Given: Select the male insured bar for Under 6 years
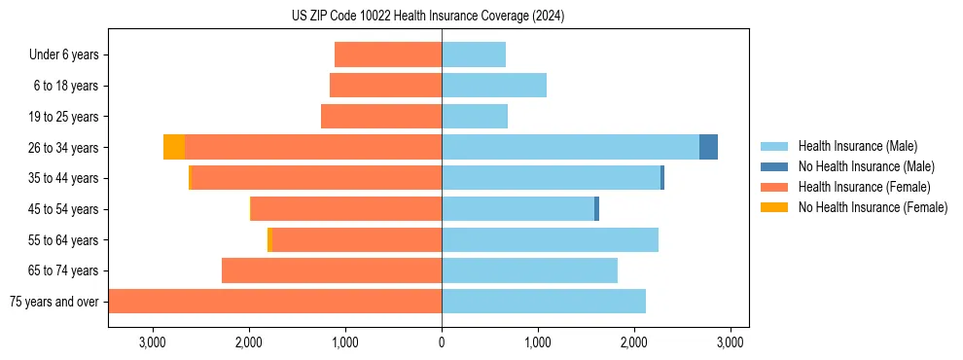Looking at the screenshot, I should pyautogui.click(x=474, y=54).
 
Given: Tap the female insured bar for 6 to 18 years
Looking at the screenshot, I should pyautogui.click(x=386, y=86).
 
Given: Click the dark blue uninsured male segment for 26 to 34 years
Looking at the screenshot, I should pyautogui.click(x=708, y=147).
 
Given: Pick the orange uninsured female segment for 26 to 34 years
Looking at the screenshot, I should pyautogui.click(x=174, y=147).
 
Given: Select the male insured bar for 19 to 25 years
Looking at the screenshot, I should pyautogui.click(x=475, y=117).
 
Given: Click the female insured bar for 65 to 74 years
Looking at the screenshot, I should pyautogui.click(x=332, y=270).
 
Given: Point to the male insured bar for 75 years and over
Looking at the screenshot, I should pyautogui.click(x=544, y=302).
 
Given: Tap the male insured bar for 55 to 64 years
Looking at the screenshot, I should pyautogui.click(x=550, y=239).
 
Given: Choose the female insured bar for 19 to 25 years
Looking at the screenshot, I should pyautogui.click(x=381, y=117).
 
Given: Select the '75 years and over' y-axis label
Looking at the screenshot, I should pyautogui.click(x=54, y=302).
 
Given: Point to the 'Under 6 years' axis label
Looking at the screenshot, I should pyautogui.click(x=64, y=54).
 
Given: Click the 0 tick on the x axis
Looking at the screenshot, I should pyautogui.click(x=442, y=342).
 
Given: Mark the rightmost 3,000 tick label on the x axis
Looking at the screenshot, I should pyautogui.click(x=730, y=342).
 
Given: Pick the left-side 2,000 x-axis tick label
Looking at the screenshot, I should pyautogui.click(x=249, y=342).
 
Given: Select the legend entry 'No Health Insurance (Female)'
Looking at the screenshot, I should pyautogui.click(x=873, y=207).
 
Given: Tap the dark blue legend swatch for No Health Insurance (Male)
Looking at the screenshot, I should pyautogui.click(x=774, y=166).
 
